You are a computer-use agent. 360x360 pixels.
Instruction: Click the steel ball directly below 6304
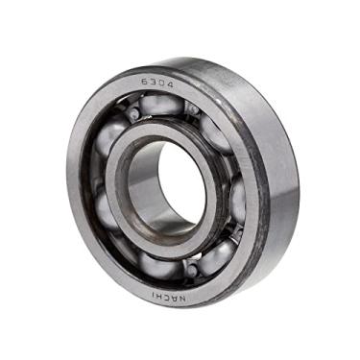(x=159, y=104)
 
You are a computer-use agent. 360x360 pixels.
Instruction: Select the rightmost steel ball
(x=237, y=198)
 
